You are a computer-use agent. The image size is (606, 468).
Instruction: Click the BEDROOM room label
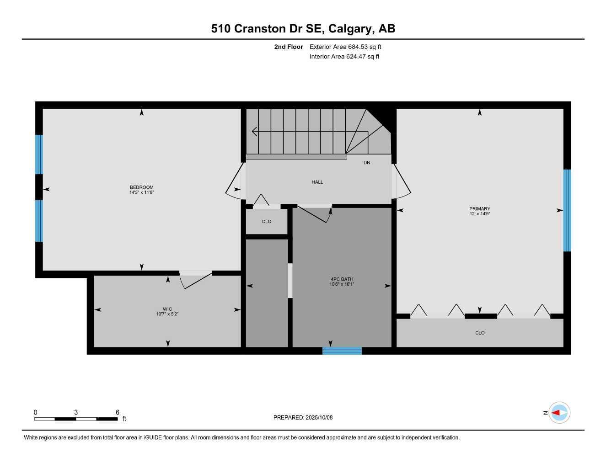[x=141, y=187]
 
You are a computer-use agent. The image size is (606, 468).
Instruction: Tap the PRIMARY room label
[x=479, y=209]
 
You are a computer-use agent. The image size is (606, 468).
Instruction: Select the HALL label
[x=317, y=182]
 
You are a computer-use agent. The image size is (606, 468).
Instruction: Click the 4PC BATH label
[x=342, y=279]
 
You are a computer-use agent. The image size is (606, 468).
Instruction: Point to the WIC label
[x=167, y=309]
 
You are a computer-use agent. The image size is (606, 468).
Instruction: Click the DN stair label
[x=367, y=163]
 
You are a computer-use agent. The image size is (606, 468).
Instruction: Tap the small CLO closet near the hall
[x=267, y=222]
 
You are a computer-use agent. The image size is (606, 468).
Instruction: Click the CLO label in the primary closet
[x=479, y=333]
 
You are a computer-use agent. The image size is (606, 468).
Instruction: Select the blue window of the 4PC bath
[x=342, y=351]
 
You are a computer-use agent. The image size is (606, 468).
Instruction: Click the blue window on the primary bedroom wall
[x=567, y=210]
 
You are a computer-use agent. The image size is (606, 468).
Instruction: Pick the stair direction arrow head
[x=254, y=132]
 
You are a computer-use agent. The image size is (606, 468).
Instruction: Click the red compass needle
[x=556, y=413]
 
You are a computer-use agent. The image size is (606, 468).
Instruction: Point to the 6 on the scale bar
[x=118, y=412]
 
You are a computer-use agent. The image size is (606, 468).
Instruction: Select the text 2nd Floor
[x=288, y=47]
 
